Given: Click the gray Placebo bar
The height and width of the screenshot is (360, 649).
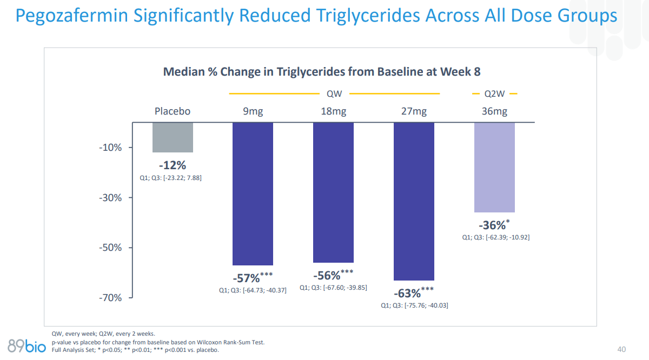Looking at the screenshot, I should tap(173, 137).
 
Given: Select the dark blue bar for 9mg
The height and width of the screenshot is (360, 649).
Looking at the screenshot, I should tap(253, 194).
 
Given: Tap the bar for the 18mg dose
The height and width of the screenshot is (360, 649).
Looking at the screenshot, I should tap(333, 192).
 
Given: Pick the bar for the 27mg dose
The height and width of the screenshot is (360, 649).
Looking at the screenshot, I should tap(414, 201).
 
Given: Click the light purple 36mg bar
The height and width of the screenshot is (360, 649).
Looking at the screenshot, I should tap(494, 167).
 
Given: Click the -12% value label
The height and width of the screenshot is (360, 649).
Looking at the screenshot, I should tap(173, 165).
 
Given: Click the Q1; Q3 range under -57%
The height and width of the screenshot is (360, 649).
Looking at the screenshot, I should tap(253, 291).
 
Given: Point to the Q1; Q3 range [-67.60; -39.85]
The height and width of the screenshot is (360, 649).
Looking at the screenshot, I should tap(333, 288).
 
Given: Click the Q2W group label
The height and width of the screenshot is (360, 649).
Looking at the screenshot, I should tap(494, 94).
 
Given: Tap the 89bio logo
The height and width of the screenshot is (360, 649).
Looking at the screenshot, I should tap(27, 344).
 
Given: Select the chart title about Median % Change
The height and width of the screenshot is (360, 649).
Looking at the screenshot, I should tap(322, 71).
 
